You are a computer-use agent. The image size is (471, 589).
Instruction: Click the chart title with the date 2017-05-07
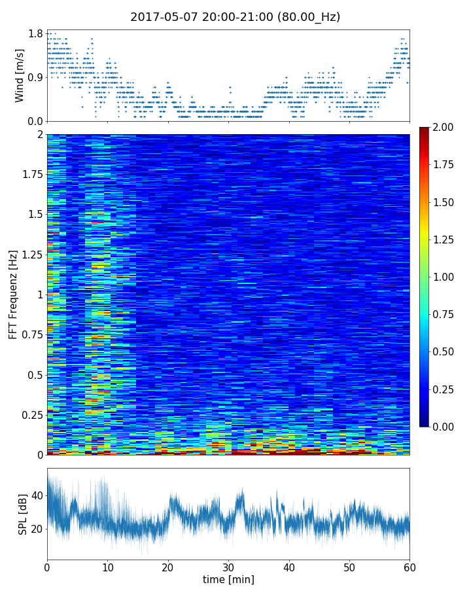235,17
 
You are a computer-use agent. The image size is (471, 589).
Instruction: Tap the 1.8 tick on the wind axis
35,34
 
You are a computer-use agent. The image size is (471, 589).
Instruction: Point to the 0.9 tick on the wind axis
35,78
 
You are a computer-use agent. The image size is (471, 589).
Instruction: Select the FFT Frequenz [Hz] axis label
13,294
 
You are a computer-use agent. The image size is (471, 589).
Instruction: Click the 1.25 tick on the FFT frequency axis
31,254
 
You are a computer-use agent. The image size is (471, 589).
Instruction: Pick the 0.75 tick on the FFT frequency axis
31,334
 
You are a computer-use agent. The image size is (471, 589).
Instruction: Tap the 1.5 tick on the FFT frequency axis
34,215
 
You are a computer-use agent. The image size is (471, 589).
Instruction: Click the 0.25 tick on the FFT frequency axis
31,415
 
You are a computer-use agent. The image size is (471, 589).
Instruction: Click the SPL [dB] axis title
22,513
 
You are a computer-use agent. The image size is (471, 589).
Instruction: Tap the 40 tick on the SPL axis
35,495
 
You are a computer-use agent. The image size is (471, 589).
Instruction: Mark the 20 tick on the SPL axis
35,529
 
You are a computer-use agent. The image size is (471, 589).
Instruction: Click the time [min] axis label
228,579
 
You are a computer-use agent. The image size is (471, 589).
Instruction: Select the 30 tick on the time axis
228,566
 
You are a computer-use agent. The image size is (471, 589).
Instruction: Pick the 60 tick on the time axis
410,566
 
